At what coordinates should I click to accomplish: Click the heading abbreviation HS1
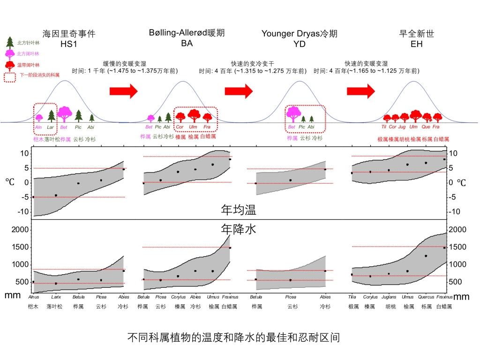coord(69,44)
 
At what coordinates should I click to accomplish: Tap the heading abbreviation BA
coord(187,44)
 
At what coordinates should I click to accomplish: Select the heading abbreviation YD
coord(300,44)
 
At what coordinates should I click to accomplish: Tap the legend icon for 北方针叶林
coord(9,42)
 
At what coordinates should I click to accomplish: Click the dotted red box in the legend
coord(11,76)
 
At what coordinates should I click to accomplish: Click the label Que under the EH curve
coord(426,127)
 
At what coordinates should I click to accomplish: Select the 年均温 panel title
coord(239,210)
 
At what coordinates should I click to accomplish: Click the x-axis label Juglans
coord(389,297)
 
